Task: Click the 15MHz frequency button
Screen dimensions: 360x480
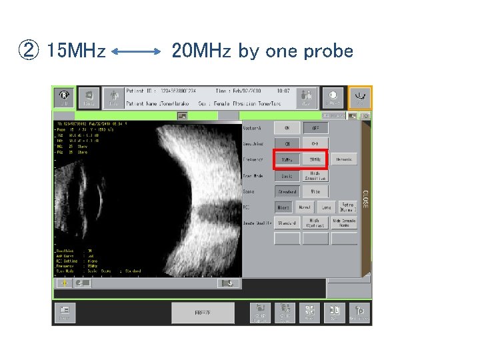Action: (x=287, y=159)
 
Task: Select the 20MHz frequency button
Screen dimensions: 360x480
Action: (x=315, y=159)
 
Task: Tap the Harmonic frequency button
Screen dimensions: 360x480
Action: (x=345, y=159)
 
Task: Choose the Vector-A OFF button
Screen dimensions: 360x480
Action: (x=315, y=127)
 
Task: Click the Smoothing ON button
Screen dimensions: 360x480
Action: (x=287, y=143)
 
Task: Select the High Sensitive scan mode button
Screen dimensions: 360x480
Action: (x=315, y=176)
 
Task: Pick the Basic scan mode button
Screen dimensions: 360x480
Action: (x=287, y=176)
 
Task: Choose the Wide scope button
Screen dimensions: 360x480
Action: (x=315, y=192)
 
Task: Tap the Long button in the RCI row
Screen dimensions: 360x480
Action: (x=326, y=207)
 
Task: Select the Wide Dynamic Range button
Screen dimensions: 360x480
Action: (x=345, y=223)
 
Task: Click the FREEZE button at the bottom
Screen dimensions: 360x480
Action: (x=203, y=313)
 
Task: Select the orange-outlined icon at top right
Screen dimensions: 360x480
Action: (x=360, y=97)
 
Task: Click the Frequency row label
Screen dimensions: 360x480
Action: (x=254, y=160)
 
